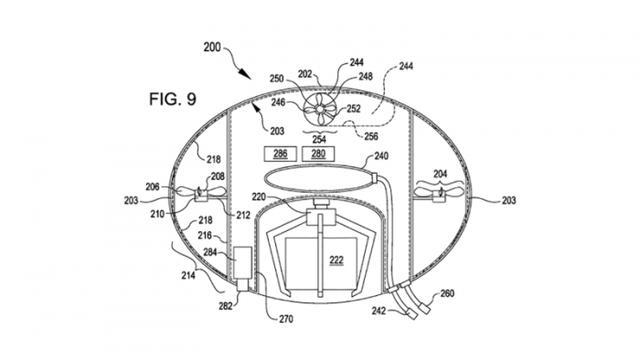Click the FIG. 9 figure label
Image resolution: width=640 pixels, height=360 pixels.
[x=173, y=99]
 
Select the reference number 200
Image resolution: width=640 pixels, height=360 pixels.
[x=212, y=47]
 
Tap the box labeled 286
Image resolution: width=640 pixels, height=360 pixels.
[x=280, y=154]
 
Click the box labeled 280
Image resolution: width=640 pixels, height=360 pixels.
[x=318, y=154]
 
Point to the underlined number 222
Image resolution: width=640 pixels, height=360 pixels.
[x=336, y=260]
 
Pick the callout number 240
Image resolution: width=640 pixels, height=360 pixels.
[x=381, y=156]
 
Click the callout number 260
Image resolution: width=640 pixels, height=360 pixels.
[x=447, y=293]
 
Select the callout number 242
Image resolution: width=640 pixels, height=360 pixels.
[x=379, y=311]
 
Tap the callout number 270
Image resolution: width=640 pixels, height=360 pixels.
[x=286, y=319]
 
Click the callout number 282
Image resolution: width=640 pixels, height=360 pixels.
[x=225, y=306]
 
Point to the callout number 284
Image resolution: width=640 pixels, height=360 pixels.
[x=210, y=252]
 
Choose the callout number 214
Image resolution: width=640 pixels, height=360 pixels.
[x=188, y=276]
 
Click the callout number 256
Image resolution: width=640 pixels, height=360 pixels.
[x=371, y=136]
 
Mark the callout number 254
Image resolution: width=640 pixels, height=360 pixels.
[x=319, y=140]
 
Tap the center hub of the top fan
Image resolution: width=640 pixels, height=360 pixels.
[x=320, y=109]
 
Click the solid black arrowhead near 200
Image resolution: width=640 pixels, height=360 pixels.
[x=245, y=74]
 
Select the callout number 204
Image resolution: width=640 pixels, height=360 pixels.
[x=440, y=174]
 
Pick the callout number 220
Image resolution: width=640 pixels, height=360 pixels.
[x=259, y=197]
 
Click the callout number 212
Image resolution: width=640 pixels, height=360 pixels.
[x=243, y=215]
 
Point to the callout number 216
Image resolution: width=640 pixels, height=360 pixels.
[x=205, y=236]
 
